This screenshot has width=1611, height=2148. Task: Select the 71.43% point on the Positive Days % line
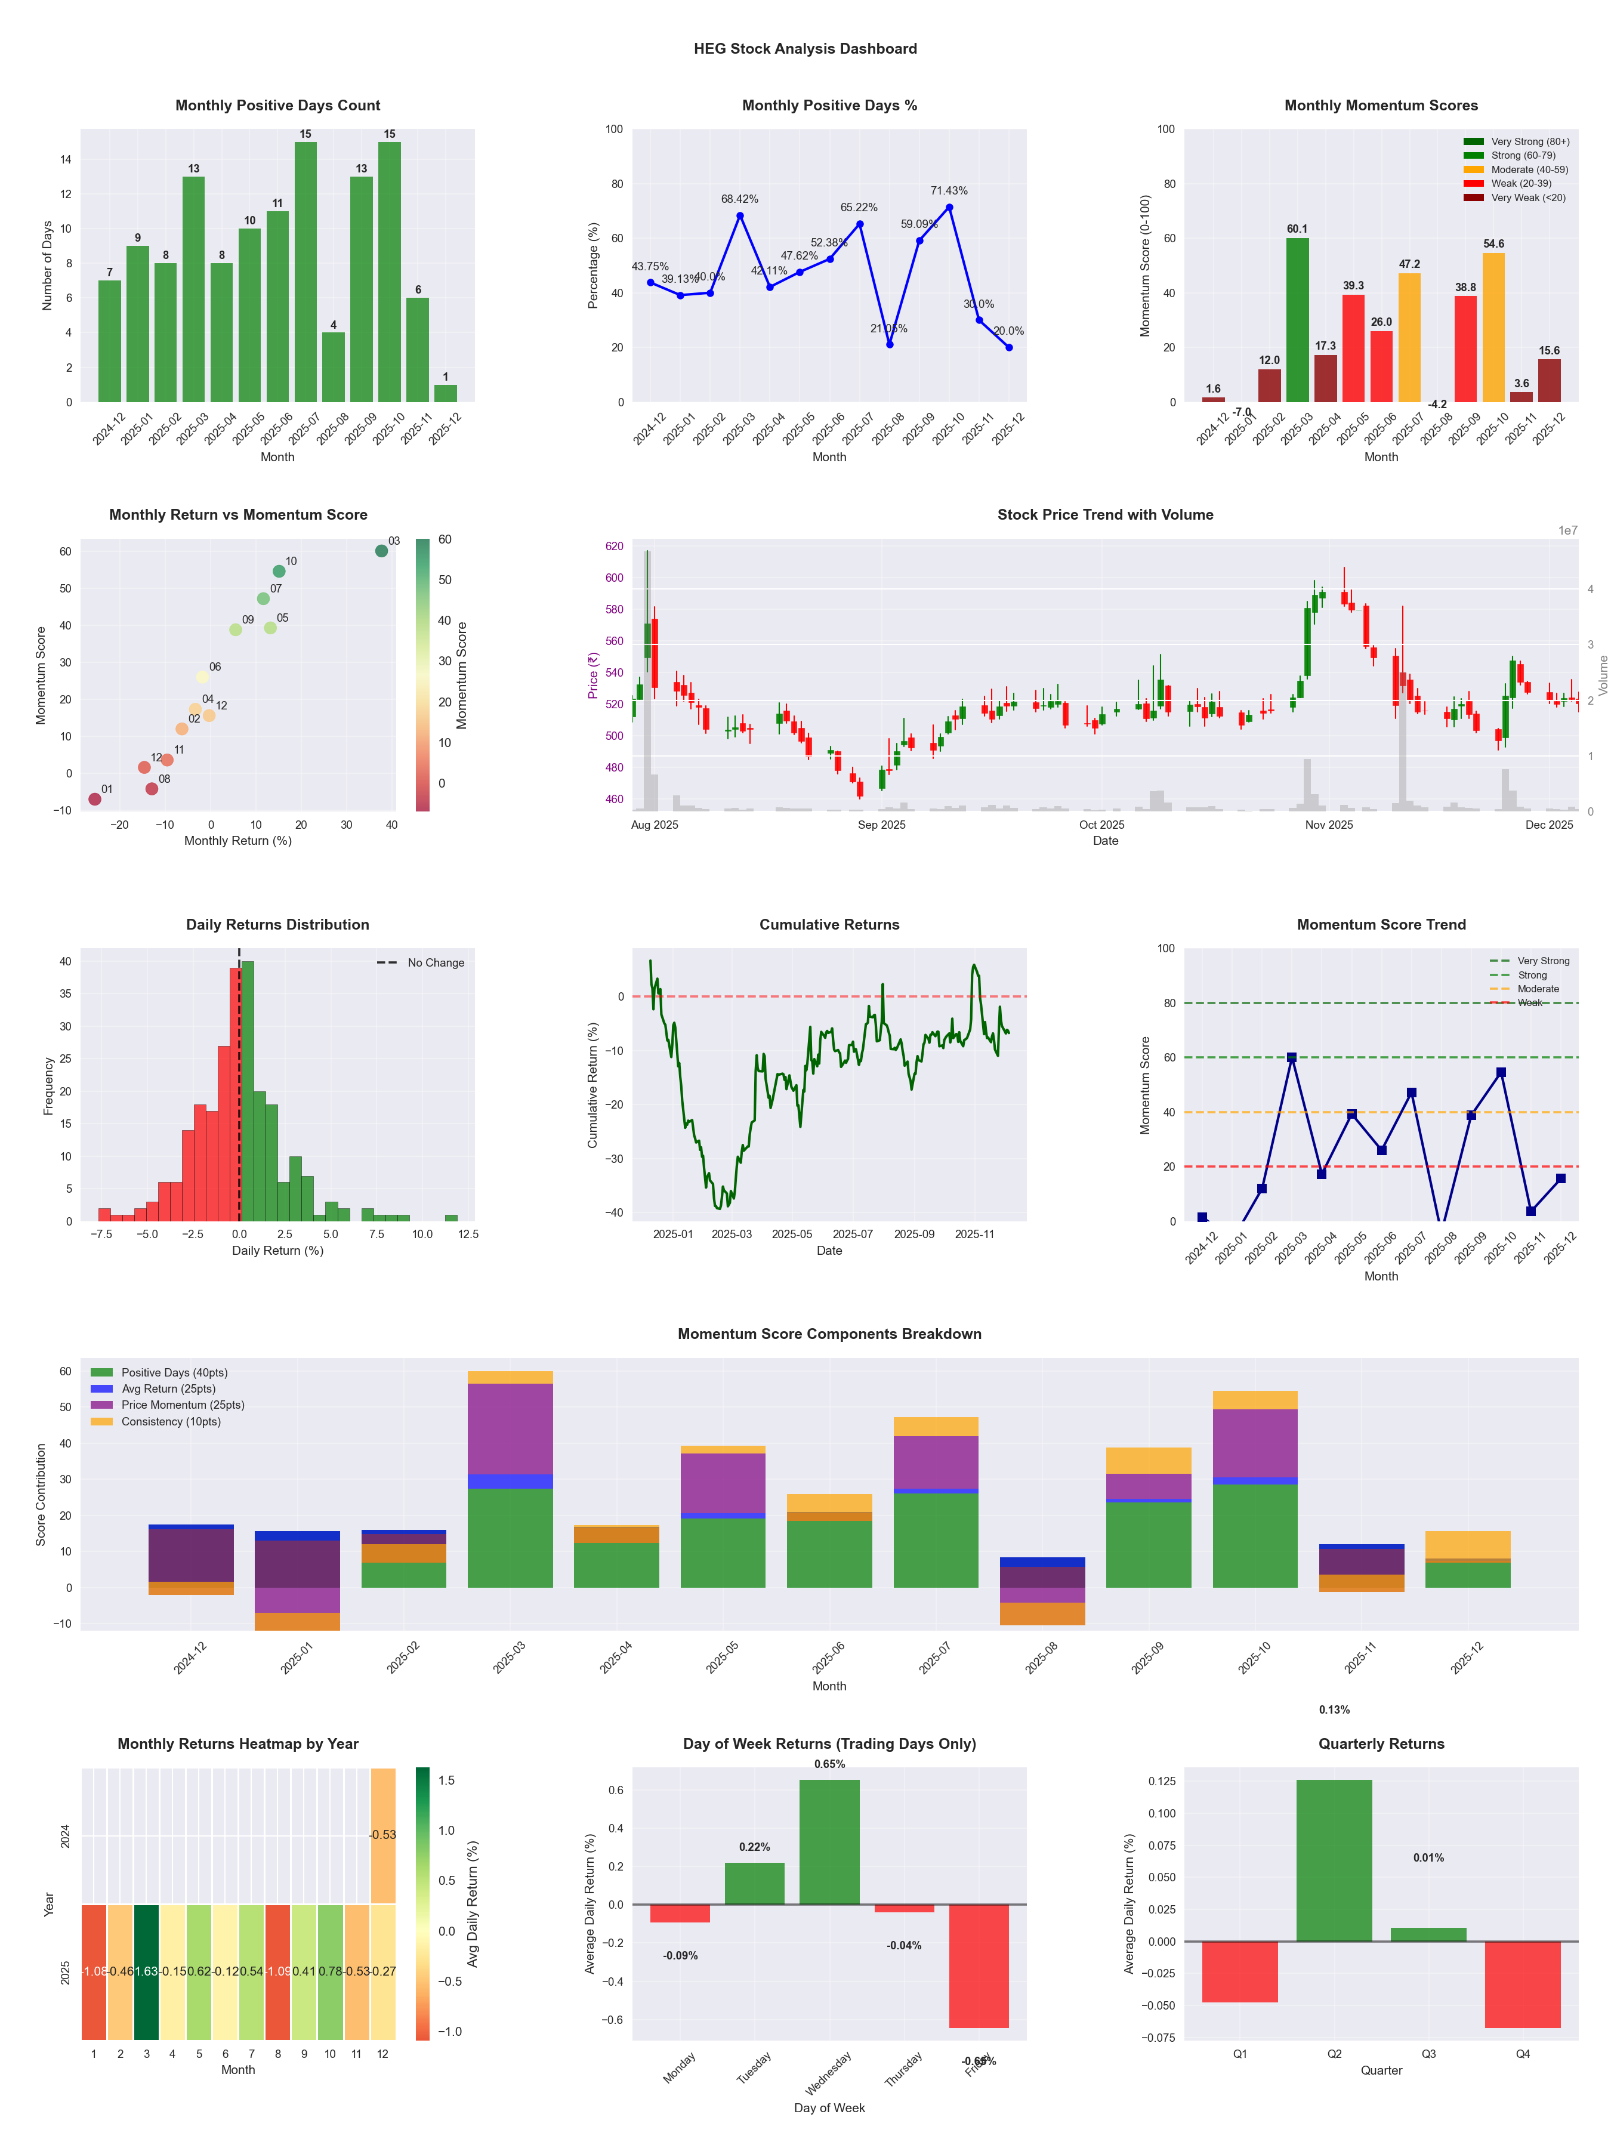pyautogui.click(x=949, y=208)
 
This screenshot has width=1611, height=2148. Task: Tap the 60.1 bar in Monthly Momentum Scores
pyautogui.click(x=1297, y=320)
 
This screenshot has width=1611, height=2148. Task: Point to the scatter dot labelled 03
pyautogui.click(x=382, y=551)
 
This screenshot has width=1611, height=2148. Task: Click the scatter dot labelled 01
pyautogui.click(x=94, y=799)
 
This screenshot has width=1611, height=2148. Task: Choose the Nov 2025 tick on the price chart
pyautogui.click(x=1328, y=825)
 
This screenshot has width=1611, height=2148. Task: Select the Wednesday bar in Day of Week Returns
pyautogui.click(x=829, y=1841)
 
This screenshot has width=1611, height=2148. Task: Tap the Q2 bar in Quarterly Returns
pyautogui.click(x=1334, y=1860)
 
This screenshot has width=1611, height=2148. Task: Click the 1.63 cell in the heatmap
pyautogui.click(x=147, y=1971)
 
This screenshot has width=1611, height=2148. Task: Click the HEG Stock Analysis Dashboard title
pyautogui.click(x=805, y=48)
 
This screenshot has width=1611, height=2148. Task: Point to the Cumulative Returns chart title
pyautogui.click(x=829, y=924)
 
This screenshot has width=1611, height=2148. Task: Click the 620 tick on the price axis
pyautogui.click(x=614, y=546)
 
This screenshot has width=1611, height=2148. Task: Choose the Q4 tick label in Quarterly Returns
pyautogui.click(x=1523, y=2054)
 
